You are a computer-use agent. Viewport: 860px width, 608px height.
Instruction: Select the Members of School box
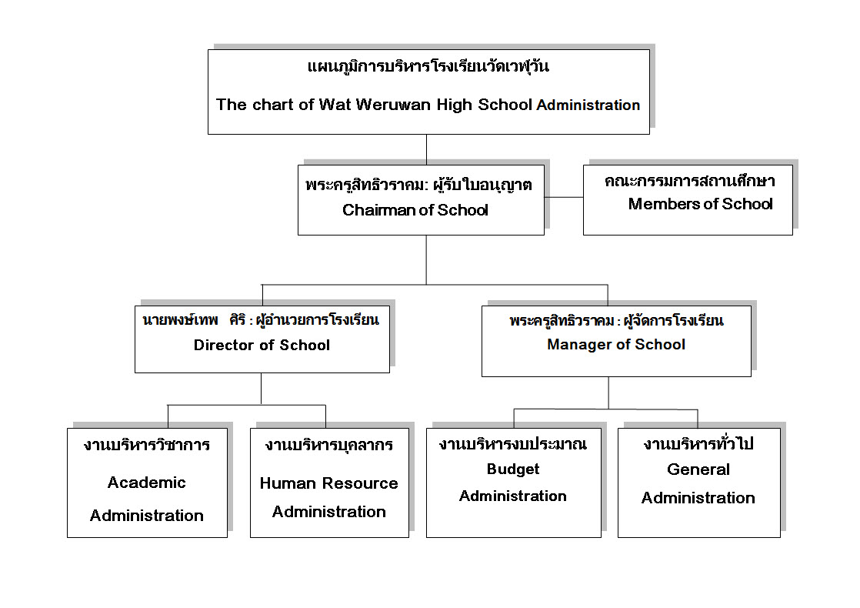pyautogui.click(x=688, y=200)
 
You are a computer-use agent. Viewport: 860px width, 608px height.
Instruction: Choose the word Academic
pyautogui.click(x=146, y=483)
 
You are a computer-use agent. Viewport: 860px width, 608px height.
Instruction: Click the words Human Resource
pyautogui.click(x=328, y=483)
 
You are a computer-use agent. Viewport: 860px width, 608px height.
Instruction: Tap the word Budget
pyautogui.click(x=513, y=469)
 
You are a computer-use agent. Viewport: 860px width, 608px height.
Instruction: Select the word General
pyautogui.click(x=698, y=469)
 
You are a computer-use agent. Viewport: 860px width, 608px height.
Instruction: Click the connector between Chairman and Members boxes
pyautogui.click(x=564, y=197)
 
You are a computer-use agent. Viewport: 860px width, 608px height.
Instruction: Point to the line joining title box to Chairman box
pyautogui.click(x=427, y=149)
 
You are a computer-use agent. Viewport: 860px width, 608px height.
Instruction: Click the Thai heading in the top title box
pyautogui.click(x=428, y=66)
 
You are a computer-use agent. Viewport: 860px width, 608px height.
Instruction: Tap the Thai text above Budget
pyautogui.click(x=513, y=444)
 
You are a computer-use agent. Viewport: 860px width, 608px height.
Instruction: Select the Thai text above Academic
pyautogui.click(x=146, y=445)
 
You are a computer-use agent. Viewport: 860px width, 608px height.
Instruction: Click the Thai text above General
pyautogui.click(x=698, y=443)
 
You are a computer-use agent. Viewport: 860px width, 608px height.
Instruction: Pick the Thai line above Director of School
pyautogui.click(x=261, y=320)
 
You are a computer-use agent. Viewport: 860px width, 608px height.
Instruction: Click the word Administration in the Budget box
pyautogui.click(x=513, y=496)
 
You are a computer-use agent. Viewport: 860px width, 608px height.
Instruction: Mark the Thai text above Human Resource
pyautogui.click(x=329, y=445)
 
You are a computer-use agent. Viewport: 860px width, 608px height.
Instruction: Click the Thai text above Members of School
pyautogui.click(x=689, y=181)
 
